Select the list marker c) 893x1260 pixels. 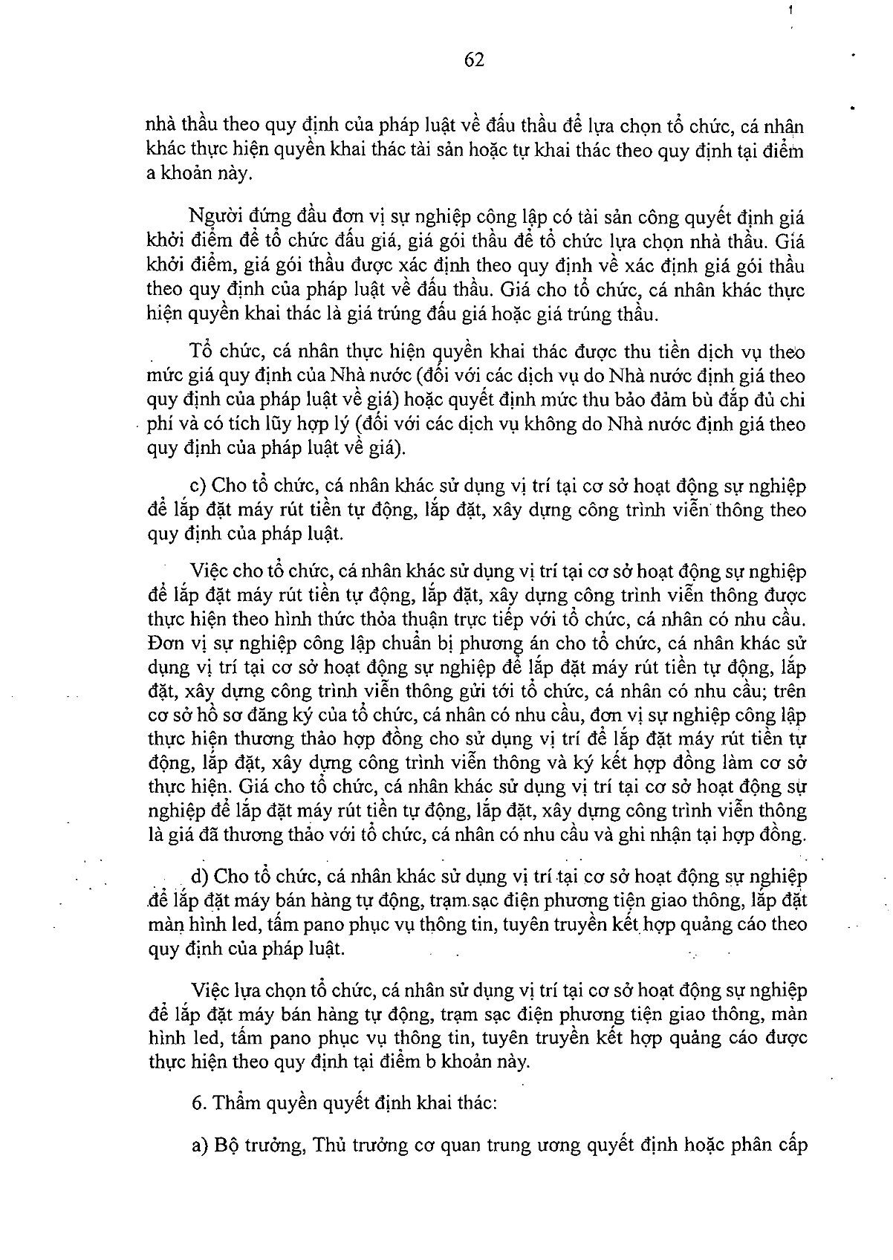click(198, 486)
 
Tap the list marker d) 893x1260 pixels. click(199, 877)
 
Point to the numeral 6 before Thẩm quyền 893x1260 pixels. click(196, 1104)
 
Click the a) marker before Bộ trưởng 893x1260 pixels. click(198, 1145)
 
